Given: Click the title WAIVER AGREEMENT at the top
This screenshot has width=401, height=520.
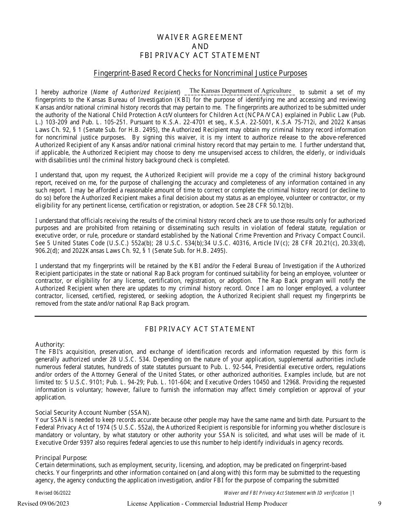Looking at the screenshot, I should click(200, 37).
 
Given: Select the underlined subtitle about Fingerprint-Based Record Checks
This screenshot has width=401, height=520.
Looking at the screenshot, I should click(200, 73).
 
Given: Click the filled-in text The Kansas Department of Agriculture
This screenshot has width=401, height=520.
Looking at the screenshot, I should click(240, 90).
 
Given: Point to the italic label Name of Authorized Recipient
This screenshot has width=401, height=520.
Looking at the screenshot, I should click(136, 92).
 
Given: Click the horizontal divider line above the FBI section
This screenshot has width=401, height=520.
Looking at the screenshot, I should click(200, 316).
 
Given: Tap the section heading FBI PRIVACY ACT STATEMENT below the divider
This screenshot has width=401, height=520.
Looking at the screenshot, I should click(200, 329).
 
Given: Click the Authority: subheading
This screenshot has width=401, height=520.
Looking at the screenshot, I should click(50, 345).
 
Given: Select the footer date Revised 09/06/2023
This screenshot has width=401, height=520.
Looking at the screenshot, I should click(43, 503).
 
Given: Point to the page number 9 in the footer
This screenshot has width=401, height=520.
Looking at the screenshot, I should click(379, 503).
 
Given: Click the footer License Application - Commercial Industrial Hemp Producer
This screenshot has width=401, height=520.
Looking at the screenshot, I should click(207, 503).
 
